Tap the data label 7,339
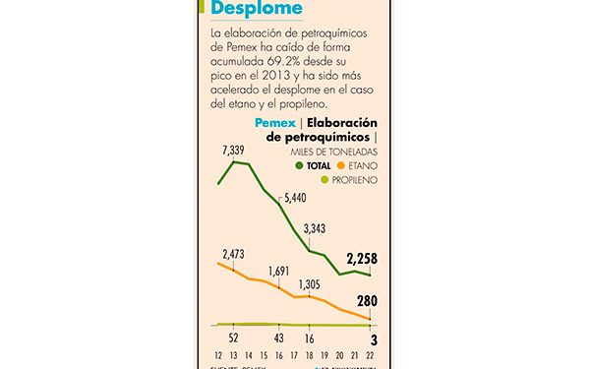point(234,149)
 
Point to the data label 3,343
point(315,229)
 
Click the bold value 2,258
point(362,260)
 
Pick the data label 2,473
point(234,254)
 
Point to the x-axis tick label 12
point(218,355)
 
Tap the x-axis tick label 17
point(296,355)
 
